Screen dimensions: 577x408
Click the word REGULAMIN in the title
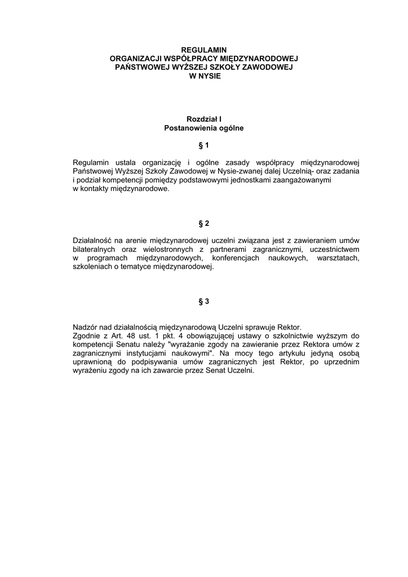pyautogui.click(x=203, y=50)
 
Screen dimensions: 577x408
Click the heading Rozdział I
pyautogui.click(x=203, y=119)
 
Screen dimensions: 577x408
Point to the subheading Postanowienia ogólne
pyautogui.click(x=203, y=128)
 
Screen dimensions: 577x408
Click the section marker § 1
pyautogui.click(x=203, y=145)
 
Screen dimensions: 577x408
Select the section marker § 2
pyautogui.click(x=203, y=223)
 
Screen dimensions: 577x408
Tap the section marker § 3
pyautogui.click(x=203, y=301)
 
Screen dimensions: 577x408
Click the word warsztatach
pyautogui.click(x=336, y=258)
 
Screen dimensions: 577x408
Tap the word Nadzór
pyautogui.click(x=85, y=327)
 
